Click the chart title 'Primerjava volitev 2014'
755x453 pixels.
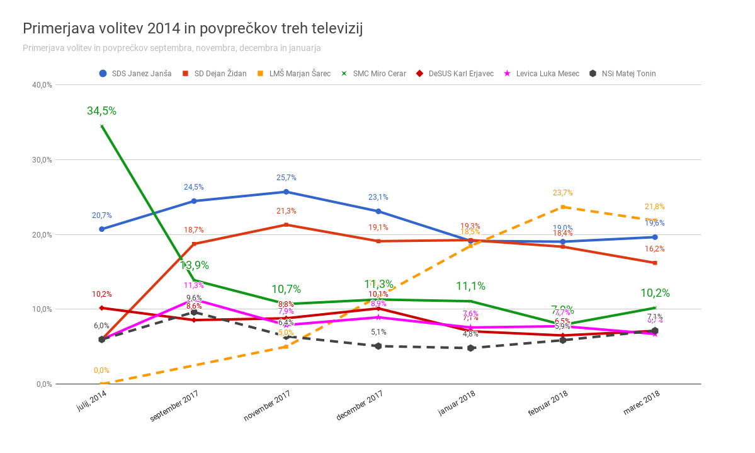pos(192,28)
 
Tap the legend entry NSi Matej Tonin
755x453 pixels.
pos(623,74)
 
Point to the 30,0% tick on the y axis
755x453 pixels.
pos(42,159)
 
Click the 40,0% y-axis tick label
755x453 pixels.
pos(42,85)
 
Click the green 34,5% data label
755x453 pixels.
pos(101,111)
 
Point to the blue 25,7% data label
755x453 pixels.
pos(286,178)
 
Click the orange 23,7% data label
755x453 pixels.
pos(562,193)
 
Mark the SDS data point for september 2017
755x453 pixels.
pos(194,201)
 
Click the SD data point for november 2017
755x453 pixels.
pos(286,225)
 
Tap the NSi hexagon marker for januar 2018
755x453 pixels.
pos(470,348)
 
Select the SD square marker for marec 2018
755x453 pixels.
pos(655,263)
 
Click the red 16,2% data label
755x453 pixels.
pos(655,249)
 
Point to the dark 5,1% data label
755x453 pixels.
pos(378,332)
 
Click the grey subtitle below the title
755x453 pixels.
pos(172,48)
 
